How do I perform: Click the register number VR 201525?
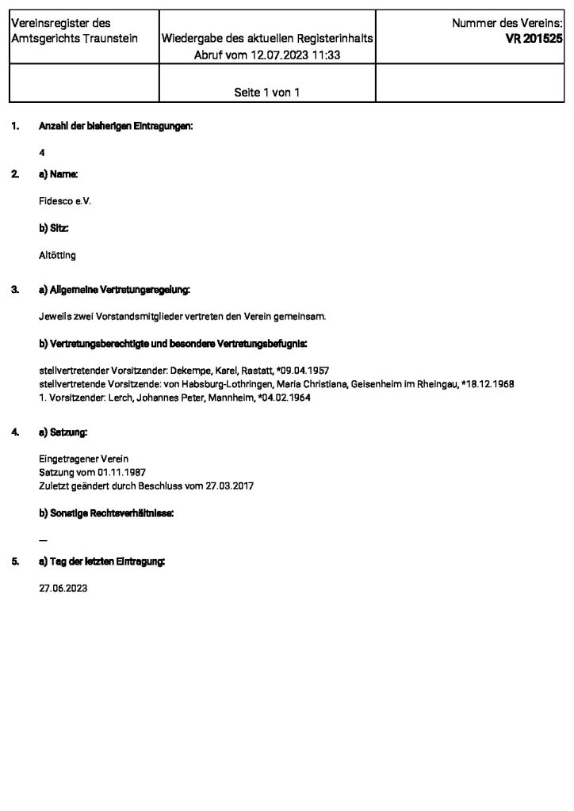[x=535, y=38]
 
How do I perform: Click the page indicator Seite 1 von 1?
[x=266, y=93]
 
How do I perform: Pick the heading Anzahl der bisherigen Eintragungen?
[x=116, y=126]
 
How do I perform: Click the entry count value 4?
[x=41, y=151]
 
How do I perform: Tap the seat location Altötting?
[x=57, y=256]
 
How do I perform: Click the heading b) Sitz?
[x=54, y=228]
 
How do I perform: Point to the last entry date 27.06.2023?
[x=63, y=589]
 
